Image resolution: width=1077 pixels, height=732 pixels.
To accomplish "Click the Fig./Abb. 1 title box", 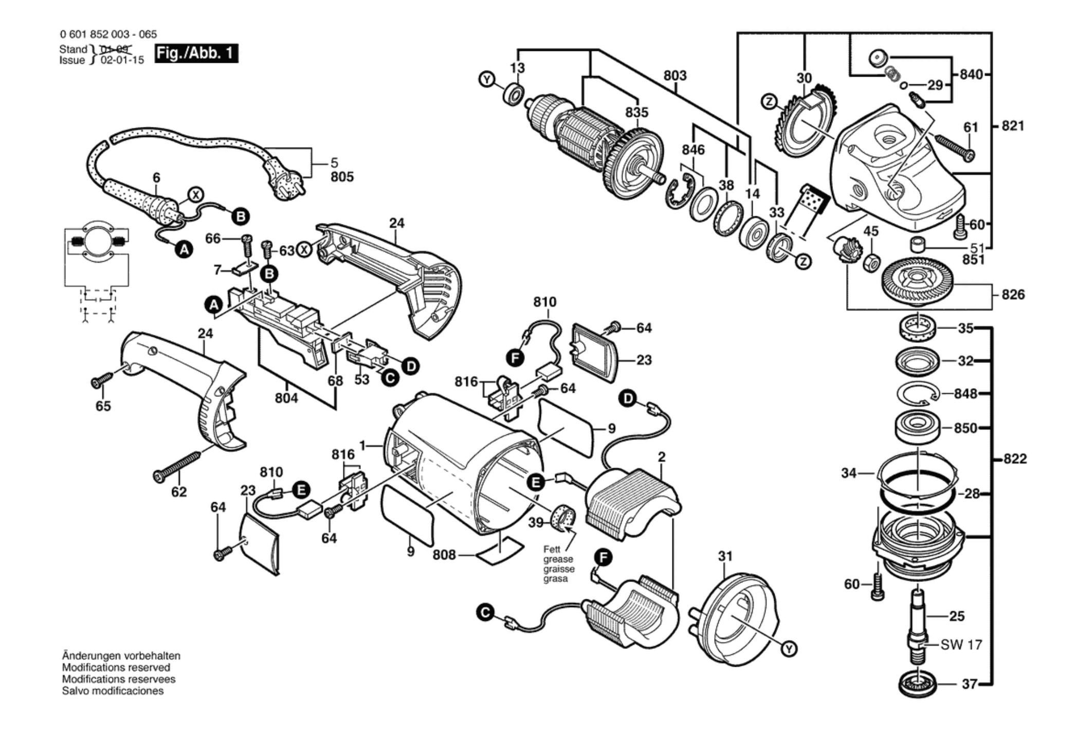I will tap(196, 53).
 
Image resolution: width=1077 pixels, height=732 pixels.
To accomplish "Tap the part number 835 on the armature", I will tap(636, 112).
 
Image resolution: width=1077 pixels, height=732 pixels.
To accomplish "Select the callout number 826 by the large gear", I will tap(1013, 295).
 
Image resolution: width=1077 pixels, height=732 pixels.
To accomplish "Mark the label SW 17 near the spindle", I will tap(961, 645).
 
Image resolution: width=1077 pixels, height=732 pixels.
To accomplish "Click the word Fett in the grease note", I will tap(552, 550).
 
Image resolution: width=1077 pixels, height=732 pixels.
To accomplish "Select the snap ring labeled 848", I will tap(918, 394).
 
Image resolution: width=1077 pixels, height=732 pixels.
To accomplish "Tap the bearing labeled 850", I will tap(918, 427).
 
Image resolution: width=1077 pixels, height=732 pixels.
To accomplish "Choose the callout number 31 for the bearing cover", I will tap(725, 556).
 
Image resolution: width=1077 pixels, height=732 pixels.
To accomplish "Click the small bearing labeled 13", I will tap(514, 95).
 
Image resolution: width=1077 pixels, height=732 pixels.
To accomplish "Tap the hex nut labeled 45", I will tap(872, 263).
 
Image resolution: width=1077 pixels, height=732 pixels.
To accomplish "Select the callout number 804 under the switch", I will tap(286, 398).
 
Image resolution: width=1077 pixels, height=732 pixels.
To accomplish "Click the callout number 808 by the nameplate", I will tap(444, 555).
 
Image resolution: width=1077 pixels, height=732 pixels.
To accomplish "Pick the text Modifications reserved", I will tap(116, 667).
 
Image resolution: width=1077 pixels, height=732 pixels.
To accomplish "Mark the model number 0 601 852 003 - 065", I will tap(108, 34).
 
